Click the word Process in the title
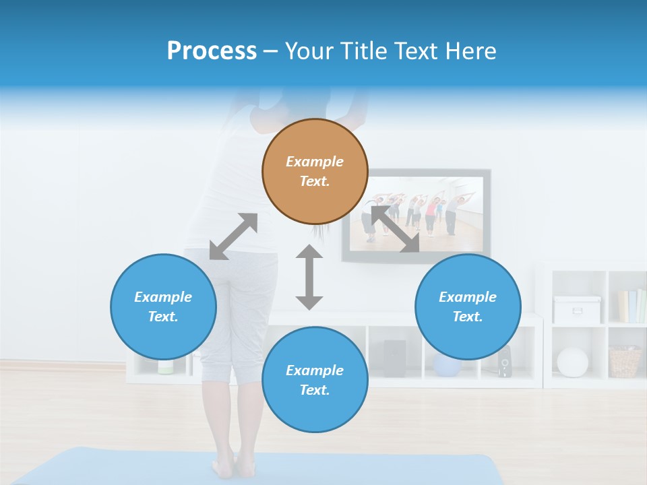(x=212, y=51)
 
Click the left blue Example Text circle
(x=163, y=306)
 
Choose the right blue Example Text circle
(x=468, y=306)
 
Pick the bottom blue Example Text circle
(x=315, y=380)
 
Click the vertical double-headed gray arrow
(x=309, y=278)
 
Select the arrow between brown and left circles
(x=233, y=236)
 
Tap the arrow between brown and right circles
(x=396, y=230)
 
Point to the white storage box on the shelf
(x=577, y=310)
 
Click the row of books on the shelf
(x=632, y=306)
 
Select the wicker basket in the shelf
(x=625, y=362)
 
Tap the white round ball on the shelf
(x=572, y=362)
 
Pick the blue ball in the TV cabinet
(x=445, y=366)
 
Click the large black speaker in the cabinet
(x=394, y=358)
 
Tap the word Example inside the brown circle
(x=315, y=162)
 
